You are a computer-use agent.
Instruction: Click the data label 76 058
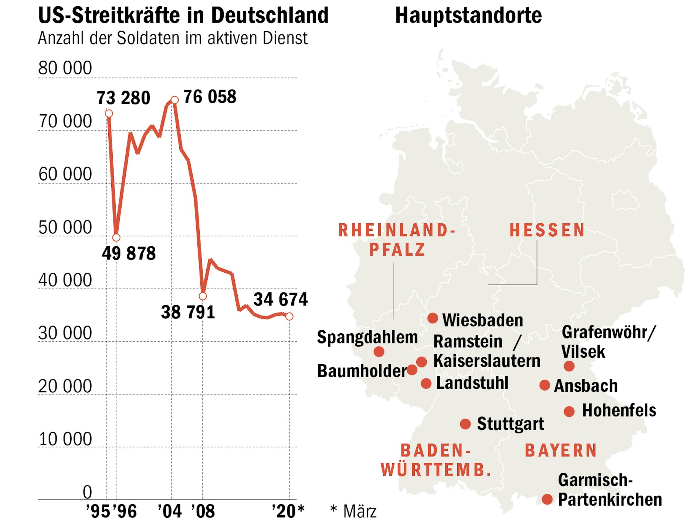[210, 97]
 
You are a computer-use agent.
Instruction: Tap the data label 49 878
[129, 254]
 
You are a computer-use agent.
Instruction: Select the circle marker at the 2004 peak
[175, 100]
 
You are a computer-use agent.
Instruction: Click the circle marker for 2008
[203, 296]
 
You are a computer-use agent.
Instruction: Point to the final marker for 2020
[289, 316]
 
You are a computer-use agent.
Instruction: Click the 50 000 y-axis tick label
[65, 228]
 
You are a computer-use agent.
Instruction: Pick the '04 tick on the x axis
[170, 512]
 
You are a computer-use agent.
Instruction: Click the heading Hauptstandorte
[468, 16]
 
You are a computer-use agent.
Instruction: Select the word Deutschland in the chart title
[269, 16]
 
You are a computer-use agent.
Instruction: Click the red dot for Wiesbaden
[433, 318]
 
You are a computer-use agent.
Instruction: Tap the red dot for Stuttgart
[465, 424]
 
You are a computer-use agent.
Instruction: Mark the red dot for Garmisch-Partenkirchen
[547, 499]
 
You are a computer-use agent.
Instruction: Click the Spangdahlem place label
[367, 337]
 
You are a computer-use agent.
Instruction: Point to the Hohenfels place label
[619, 411]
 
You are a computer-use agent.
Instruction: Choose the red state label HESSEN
[547, 230]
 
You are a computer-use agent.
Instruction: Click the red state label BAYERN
[561, 451]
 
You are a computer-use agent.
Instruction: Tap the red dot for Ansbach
[545, 385]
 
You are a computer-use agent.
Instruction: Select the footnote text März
[359, 512]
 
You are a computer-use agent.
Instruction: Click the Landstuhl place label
[472, 383]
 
